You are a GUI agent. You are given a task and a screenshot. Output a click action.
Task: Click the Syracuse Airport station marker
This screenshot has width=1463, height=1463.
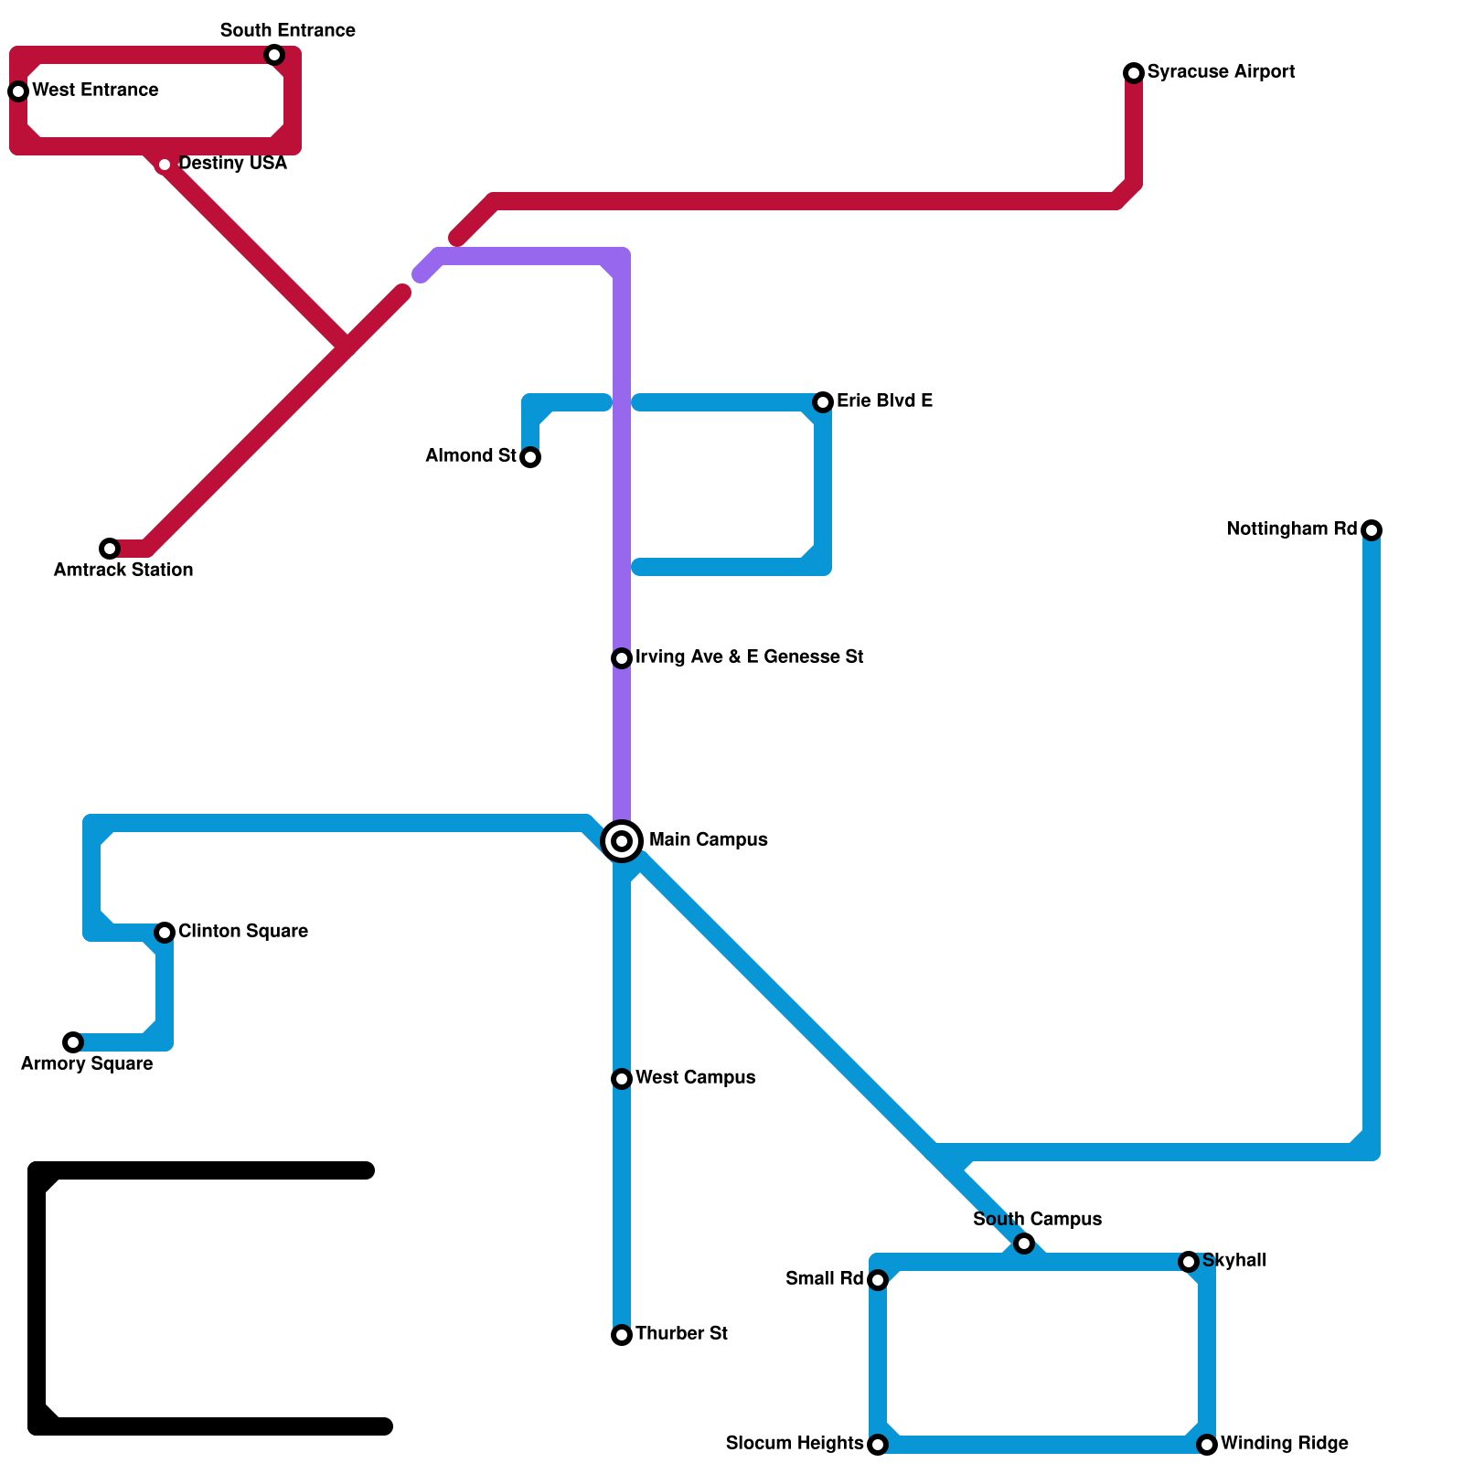[x=1134, y=73]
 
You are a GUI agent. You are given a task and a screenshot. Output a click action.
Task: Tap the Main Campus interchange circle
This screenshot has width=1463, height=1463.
[x=622, y=840]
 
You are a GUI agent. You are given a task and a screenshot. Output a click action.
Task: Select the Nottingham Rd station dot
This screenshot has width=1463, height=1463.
[x=1372, y=530]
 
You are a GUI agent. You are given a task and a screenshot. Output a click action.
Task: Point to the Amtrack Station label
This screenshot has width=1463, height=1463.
[x=123, y=571]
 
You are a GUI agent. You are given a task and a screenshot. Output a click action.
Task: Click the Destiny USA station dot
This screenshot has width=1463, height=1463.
[x=165, y=165]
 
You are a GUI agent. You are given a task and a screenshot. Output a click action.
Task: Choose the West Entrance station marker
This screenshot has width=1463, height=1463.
[x=18, y=91]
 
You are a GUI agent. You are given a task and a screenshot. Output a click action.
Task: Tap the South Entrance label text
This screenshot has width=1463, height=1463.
[x=288, y=31]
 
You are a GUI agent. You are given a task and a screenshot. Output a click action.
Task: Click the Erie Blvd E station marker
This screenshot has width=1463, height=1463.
[x=823, y=402]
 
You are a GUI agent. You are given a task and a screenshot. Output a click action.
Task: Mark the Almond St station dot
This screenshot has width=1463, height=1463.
[x=530, y=457]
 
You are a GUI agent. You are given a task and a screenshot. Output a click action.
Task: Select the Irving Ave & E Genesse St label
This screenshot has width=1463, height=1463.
[x=749, y=657]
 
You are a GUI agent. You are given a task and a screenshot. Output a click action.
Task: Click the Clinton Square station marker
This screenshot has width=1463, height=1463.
[x=165, y=933]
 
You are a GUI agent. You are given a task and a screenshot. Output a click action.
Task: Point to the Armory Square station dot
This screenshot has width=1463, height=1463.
[x=73, y=1042]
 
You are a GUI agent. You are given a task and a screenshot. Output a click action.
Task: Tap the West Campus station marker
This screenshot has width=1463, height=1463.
[x=622, y=1079]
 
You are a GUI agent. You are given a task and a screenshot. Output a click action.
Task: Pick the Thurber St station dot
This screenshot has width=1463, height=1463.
[x=622, y=1335]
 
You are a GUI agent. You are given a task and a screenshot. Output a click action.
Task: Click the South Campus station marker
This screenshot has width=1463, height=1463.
[x=1024, y=1244]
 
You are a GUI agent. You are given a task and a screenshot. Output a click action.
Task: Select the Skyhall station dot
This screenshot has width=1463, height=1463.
[x=1189, y=1262]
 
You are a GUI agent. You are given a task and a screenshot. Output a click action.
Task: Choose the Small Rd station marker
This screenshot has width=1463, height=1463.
[x=878, y=1280]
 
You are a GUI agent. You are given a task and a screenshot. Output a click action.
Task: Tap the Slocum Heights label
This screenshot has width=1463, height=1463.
[x=794, y=1444]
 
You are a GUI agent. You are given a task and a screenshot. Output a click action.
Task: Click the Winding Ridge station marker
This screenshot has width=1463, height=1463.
[x=1207, y=1445]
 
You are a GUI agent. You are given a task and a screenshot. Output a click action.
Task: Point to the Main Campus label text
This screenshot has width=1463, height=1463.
[x=708, y=840]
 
